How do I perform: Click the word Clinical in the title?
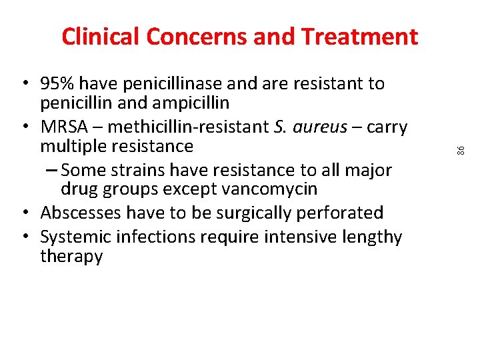pyautogui.click(x=101, y=37)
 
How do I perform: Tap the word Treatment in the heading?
pyautogui.click(x=359, y=37)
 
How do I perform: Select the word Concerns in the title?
pyautogui.click(x=198, y=37)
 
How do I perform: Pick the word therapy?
pyautogui.click(x=71, y=257)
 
